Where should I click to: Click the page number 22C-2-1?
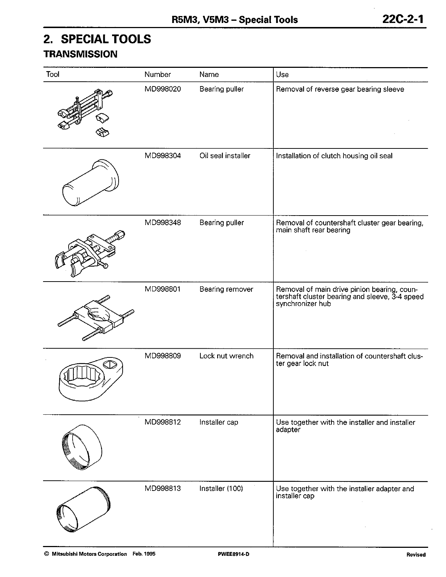(x=403, y=19)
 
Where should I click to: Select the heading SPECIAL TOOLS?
(x=97, y=39)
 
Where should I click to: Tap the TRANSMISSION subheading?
(x=80, y=54)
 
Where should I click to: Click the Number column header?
(x=157, y=74)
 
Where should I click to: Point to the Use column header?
(x=282, y=75)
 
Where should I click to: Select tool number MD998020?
(x=162, y=89)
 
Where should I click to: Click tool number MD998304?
(x=162, y=156)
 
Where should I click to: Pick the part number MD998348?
(x=162, y=222)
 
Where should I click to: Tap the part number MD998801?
(x=162, y=289)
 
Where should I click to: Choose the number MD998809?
(x=162, y=356)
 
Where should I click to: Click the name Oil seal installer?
(x=225, y=156)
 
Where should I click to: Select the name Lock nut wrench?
(x=226, y=356)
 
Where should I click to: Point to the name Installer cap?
(x=219, y=422)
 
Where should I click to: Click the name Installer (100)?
(x=221, y=488)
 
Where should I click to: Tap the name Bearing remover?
(x=226, y=289)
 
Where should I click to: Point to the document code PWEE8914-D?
(x=233, y=554)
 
